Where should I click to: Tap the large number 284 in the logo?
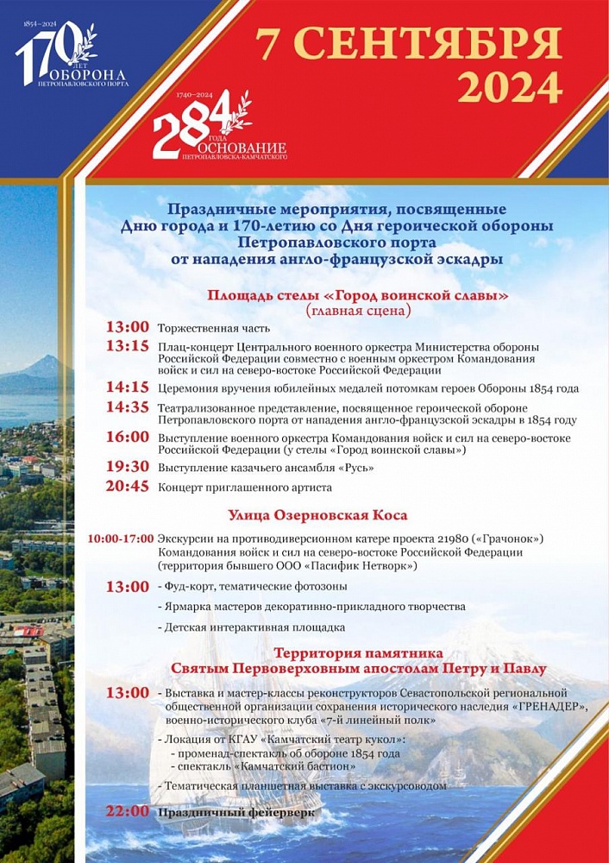pyautogui.click(x=192, y=126)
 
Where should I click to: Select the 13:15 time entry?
pyautogui.click(x=128, y=345)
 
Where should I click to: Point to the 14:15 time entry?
pyautogui.click(x=128, y=387)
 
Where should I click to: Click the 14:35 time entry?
pyautogui.click(x=128, y=406)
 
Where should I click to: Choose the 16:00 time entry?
pyautogui.click(x=128, y=437)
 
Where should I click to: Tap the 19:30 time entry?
pyautogui.click(x=128, y=467)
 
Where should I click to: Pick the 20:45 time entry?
pyautogui.click(x=128, y=487)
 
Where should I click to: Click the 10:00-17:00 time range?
pyautogui.click(x=121, y=539)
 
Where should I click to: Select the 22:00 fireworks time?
pyautogui.click(x=128, y=811)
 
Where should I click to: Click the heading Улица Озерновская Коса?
pyautogui.click(x=317, y=515)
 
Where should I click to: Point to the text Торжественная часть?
pyautogui.click(x=214, y=328)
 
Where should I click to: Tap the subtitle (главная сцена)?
pyautogui.click(x=358, y=311)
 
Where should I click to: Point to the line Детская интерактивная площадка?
pyautogui.click(x=254, y=627)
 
